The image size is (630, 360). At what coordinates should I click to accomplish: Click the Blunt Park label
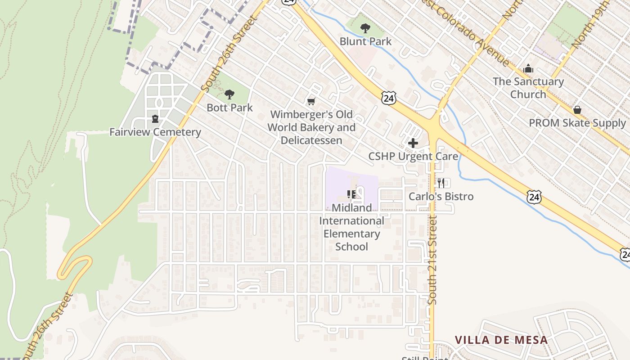point(365,41)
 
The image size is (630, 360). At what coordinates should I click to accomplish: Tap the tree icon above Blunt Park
point(365,28)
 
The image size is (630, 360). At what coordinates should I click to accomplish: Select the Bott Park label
point(229,108)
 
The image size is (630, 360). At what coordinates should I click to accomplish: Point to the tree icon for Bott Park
point(229,94)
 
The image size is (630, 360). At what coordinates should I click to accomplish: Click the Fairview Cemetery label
point(155,132)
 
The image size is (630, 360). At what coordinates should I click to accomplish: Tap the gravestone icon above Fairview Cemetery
point(155,119)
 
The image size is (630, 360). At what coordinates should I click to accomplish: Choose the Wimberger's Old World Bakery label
point(311,127)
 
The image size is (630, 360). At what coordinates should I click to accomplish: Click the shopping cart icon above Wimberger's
point(311,102)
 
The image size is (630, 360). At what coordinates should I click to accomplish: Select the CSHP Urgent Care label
point(413,157)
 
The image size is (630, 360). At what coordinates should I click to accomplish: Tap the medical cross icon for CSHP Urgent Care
point(413,144)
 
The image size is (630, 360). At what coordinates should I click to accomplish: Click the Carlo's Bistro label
point(441,197)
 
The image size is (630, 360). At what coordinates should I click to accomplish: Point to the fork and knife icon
point(441,183)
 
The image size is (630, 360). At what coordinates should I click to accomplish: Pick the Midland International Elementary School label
point(352,227)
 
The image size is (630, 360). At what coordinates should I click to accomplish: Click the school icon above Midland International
point(352,194)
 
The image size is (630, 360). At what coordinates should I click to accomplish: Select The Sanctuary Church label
point(528,88)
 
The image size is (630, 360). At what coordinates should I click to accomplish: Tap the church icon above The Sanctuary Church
point(528,69)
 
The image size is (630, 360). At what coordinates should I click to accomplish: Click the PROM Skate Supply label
point(577,123)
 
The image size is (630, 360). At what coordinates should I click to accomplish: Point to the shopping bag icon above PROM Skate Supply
point(577,110)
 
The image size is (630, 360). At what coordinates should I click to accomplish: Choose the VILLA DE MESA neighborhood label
point(501,340)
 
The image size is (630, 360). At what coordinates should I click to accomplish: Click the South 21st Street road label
point(433,260)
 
